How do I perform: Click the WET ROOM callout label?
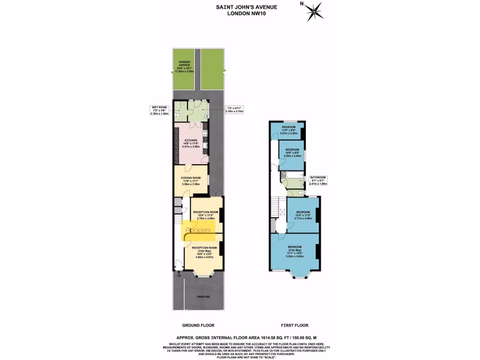tap(158, 111)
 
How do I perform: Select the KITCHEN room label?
tap(191, 143)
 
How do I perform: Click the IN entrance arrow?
tap(179, 275)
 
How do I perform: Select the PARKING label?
tap(203, 297)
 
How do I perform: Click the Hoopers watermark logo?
tap(199, 230)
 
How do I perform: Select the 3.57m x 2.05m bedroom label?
tap(289, 130)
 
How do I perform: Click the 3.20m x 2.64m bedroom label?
tap(292, 152)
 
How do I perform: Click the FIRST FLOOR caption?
tap(294, 325)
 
